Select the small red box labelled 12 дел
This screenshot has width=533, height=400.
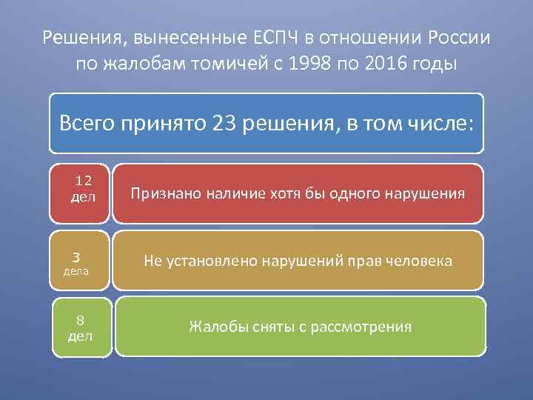(x=80, y=193)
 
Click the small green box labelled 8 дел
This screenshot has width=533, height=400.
(x=81, y=327)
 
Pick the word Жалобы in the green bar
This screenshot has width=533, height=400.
(x=212, y=327)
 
